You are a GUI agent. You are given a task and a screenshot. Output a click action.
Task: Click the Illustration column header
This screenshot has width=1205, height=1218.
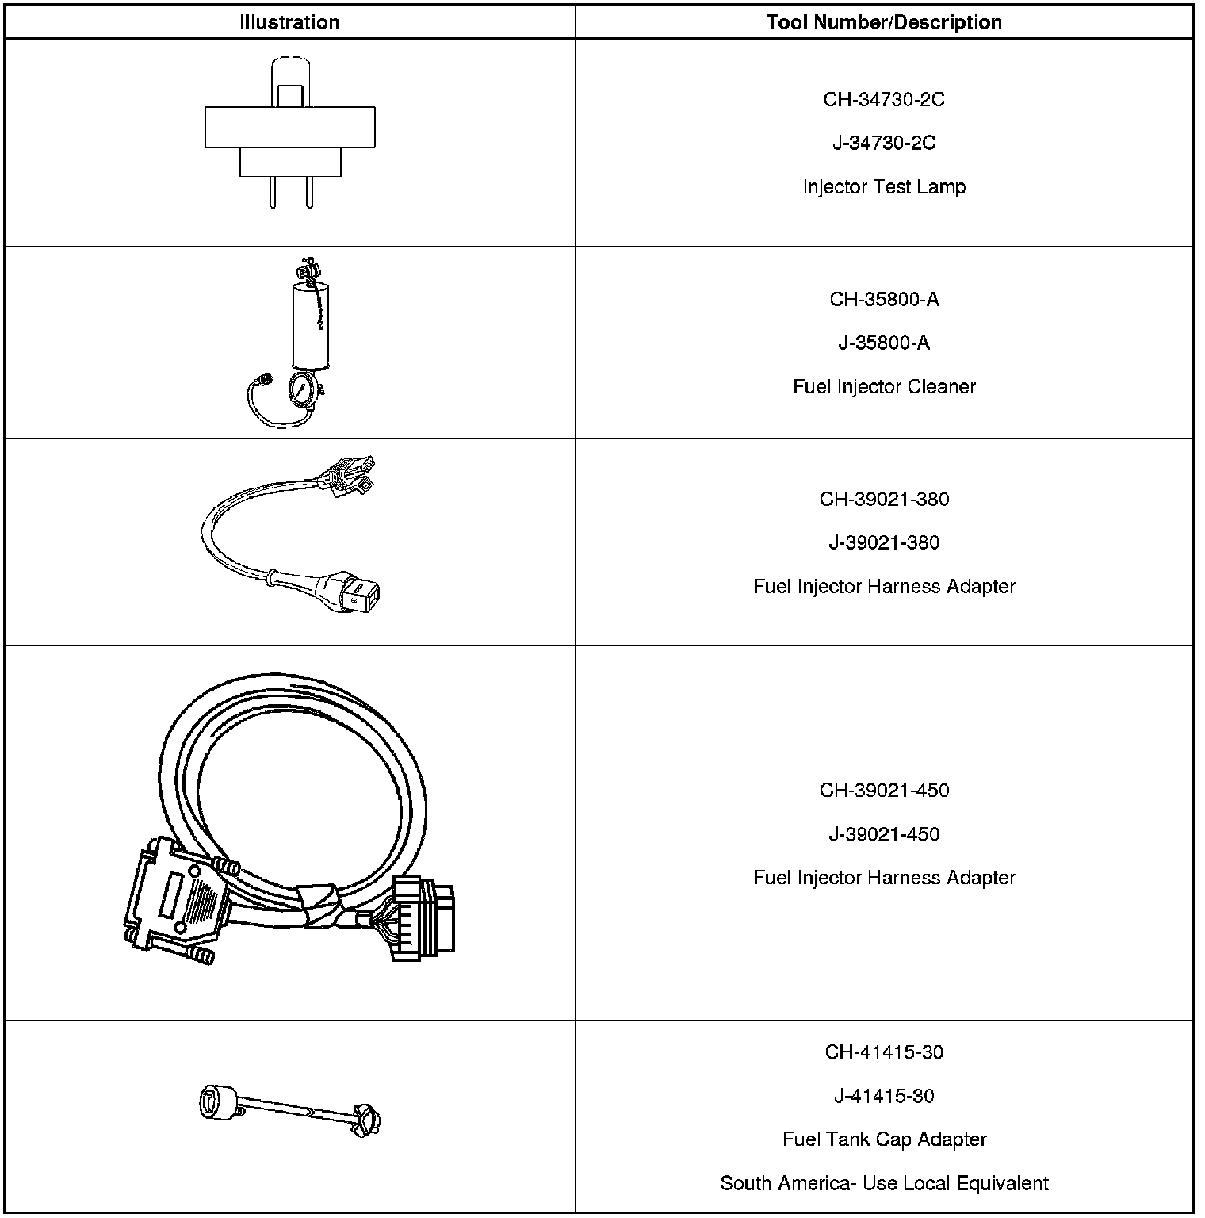[289, 22]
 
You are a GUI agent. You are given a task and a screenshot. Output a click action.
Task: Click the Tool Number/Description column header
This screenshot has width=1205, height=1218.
[884, 22]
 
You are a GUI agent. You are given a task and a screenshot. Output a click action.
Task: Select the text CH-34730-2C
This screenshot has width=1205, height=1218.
[884, 100]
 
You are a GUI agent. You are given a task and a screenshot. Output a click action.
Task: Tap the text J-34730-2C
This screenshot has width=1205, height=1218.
[884, 144]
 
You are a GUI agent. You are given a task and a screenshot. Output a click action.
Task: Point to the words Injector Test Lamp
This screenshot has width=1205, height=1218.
[884, 187]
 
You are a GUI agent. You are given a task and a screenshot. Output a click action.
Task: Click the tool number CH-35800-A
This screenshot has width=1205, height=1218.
[884, 300]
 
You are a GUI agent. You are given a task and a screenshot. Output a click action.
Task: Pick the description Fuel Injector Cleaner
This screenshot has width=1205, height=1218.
[884, 387]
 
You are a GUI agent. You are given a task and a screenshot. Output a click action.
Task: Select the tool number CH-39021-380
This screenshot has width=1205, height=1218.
[884, 500]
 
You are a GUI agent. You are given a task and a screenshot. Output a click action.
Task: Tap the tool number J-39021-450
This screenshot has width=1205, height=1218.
[884, 834]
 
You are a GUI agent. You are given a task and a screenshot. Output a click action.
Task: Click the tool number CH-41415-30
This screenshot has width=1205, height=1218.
[884, 1052]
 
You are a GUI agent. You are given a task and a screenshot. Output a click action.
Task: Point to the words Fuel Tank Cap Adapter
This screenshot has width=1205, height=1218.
[884, 1139]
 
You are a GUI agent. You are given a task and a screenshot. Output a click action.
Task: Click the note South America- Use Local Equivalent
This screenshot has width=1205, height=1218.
[884, 1183]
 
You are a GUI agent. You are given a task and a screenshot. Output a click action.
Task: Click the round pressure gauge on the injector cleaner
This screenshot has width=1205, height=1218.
[305, 391]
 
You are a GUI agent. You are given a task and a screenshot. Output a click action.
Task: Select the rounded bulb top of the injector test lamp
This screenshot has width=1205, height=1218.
[289, 71]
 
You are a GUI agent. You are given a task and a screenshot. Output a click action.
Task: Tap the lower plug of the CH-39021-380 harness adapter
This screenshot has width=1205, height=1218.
[357, 591]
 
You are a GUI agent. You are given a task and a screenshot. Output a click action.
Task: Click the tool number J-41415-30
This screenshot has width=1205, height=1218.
[884, 1096]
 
